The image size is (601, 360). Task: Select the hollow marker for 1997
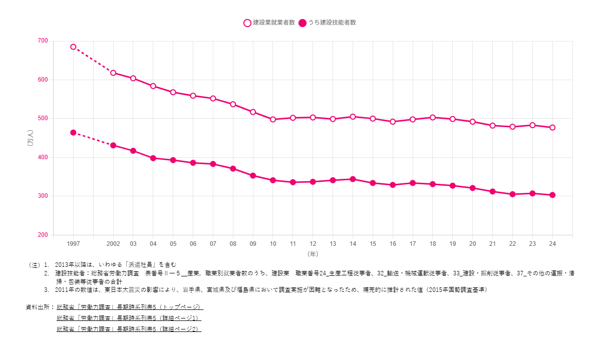[x=73, y=47]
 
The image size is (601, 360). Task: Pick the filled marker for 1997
[x=73, y=133]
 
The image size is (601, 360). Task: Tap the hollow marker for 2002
[x=113, y=73]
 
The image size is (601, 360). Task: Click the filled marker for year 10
[x=273, y=180]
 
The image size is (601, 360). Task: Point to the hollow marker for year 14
[x=353, y=117]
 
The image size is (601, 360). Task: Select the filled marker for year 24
[x=552, y=195]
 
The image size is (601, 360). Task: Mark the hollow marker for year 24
[x=552, y=128]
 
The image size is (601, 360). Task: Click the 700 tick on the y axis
[x=42, y=41]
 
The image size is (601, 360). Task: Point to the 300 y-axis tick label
[x=42, y=196]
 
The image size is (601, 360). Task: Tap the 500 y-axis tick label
[x=42, y=119]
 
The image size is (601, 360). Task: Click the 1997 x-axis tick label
[x=73, y=244]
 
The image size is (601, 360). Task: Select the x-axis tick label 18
[x=433, y=244]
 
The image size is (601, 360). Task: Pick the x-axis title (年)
[x=313, y=254]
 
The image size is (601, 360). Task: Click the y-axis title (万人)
[x=31, y=138]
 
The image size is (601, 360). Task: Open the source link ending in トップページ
[x=130, y=307]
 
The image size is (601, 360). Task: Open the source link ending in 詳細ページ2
[x=129, y=329]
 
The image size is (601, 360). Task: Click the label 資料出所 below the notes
[x=40, y=307]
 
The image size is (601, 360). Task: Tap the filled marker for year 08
[x=233, y=169]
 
